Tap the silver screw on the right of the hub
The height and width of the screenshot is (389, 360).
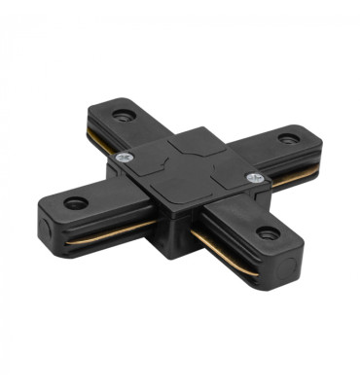[x=256, y=178]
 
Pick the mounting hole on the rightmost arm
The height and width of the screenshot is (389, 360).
[x=287, y=137]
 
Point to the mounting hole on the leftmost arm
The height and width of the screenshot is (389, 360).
[x=75, y=202]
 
